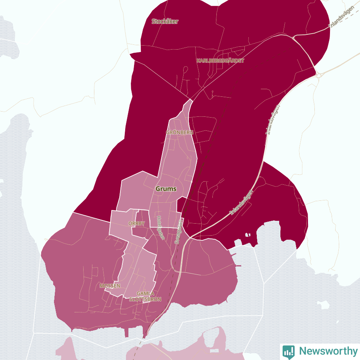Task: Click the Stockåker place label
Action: coord(165,22)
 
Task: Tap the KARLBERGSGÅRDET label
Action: coord(220,61)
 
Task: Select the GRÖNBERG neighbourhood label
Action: coord(180,132)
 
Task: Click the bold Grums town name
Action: coord(166,189)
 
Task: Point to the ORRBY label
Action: coord(136,223)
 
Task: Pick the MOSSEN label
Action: coord(110,286)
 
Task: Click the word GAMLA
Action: coord(145,294)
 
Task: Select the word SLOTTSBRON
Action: coord(145,299)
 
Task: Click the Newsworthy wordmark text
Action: coord(328,351)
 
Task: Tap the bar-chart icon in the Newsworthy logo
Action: coord(288,351)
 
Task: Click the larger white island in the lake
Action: coord(324,305)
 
